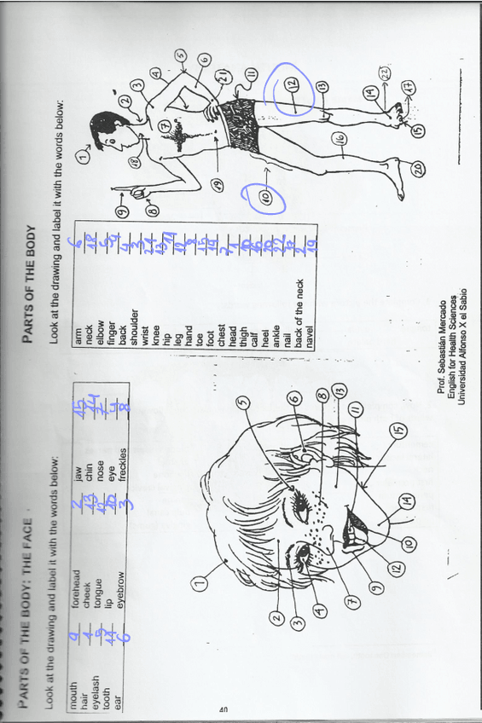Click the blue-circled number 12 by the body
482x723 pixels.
click(x=292, y=84)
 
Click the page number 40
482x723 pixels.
click(x=224, y=709)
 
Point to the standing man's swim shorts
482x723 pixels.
click(x=239, y=124)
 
